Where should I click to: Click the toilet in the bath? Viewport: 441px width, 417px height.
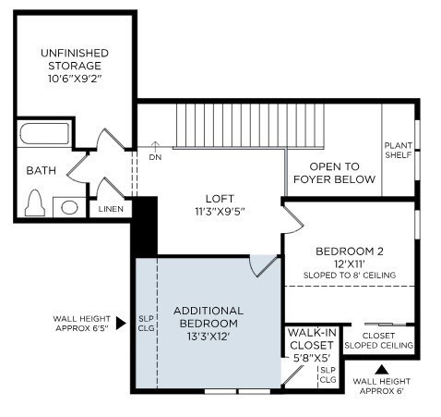point(36,202)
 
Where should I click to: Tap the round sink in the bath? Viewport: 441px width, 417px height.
point(68,207)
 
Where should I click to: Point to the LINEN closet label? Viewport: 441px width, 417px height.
point(112,210)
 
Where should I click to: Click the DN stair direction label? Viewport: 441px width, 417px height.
point(155,157)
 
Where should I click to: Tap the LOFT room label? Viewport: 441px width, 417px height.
point(220,199)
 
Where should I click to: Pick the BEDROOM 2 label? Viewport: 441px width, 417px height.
point(350,251)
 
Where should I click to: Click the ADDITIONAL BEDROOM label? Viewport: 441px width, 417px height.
point(208,317)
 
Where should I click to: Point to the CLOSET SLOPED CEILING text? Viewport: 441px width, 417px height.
point(378,340)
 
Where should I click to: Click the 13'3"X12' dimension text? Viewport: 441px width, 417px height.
point(208,337)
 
